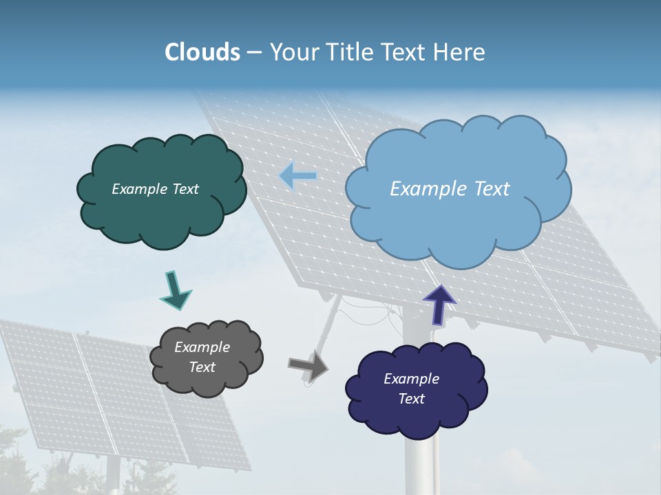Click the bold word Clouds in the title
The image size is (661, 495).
[x=202, y=52]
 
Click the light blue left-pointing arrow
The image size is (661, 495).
[x=297, y=176]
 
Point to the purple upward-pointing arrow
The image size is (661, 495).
[x=439, y=303]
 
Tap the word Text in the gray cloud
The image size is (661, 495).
[x=202, y=368]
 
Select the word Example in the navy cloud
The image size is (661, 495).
[x=411, y=379]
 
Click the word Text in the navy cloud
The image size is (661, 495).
[x=411, y=399]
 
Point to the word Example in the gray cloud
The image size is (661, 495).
[x=202, y=347]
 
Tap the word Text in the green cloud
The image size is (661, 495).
[x=185, y=189]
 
